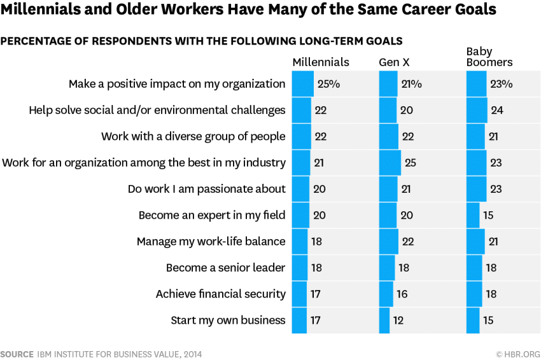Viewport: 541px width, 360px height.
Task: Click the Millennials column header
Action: [x=321, y=62]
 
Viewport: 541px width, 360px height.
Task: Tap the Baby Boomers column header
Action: [x=489, y=57]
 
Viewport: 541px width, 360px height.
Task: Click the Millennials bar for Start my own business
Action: [x=299, y=321]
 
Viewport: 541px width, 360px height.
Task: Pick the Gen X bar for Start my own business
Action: [x=384, y=321]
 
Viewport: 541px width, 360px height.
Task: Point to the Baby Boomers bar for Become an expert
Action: [x=473, y=215]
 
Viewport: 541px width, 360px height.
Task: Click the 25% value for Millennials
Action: [x=328, y=83]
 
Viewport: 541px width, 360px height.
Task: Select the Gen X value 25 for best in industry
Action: [x=410, y=163]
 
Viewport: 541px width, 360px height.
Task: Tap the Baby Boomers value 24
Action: [x=497, y=110]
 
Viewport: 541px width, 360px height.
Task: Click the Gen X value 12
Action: [x=398, y=321]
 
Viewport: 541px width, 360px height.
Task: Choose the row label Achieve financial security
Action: [x=221, y=294]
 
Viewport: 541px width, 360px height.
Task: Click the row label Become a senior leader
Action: [x=225, y=268]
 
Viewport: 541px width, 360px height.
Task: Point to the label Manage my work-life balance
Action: [x=211, y=242]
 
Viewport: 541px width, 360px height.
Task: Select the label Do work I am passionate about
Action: [x=206, y=189]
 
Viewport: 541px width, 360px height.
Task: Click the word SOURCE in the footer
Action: [x=17, y=354]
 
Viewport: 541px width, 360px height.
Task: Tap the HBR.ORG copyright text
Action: [x=518, y=354]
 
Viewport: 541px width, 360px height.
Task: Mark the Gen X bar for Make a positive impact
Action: [x=387, y=83]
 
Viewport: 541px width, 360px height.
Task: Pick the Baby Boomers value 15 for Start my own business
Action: [x=488, y=321]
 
